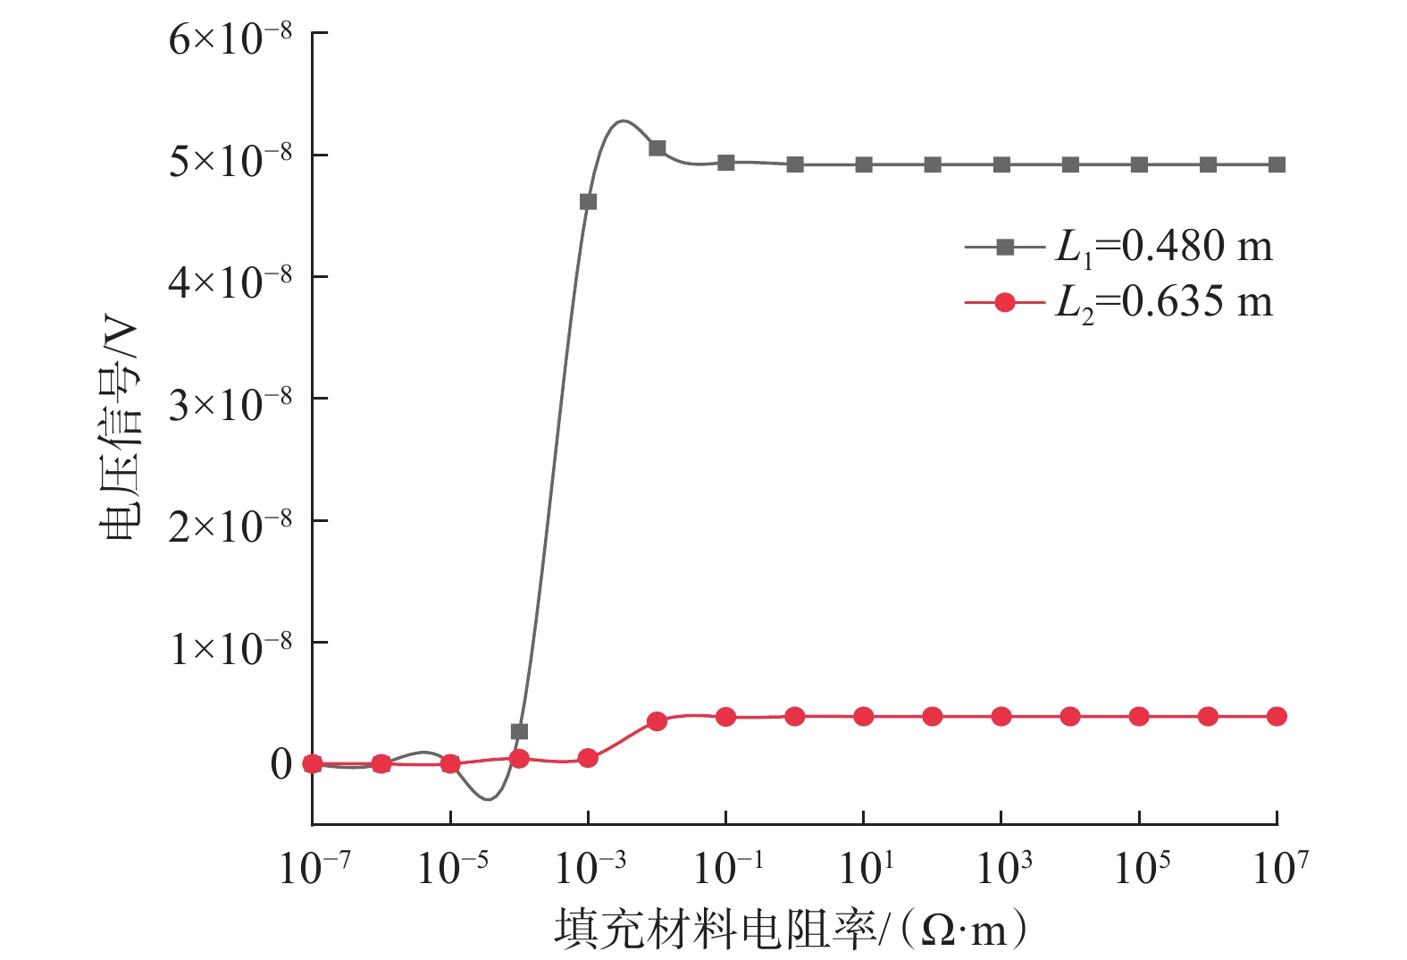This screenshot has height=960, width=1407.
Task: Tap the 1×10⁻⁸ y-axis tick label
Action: pos(230,647)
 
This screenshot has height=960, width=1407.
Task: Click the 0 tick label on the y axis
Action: pos(281,764)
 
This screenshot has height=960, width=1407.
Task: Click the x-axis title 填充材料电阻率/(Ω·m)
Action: pos(790,930)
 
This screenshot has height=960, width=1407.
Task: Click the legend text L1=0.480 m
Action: pos(1163,247)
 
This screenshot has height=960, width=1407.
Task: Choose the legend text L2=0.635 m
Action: pos(1163,302)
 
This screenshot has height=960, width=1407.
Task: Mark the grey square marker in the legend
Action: pos(1005,247)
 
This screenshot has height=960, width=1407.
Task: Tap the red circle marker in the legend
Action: pos(1005,302)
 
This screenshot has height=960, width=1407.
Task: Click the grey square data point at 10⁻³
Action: pos(588,202)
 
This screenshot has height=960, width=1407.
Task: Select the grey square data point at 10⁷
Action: pos(1277,164)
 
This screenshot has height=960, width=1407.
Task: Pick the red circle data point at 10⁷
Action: pos(1277,716)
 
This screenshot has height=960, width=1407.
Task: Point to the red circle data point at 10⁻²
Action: pos(657,720)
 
